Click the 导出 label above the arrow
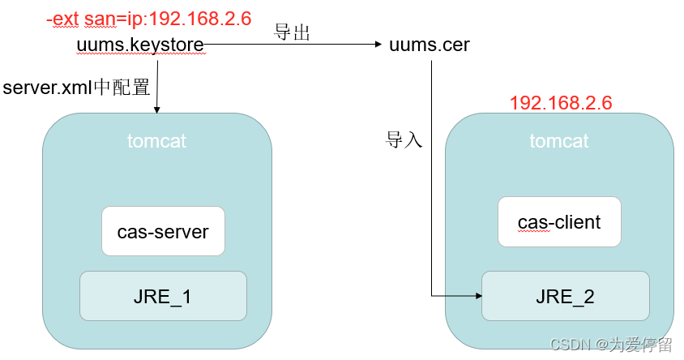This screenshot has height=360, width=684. [293, 33]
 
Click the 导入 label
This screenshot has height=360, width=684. [404, 139]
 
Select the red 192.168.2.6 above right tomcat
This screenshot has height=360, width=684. [560, 103]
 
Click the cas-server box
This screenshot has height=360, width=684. [163, 232]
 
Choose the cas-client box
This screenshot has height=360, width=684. [559, 221]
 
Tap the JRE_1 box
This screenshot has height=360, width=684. [163, 296]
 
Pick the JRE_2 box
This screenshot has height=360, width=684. [565, 296]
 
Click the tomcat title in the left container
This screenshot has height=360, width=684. [156, 141]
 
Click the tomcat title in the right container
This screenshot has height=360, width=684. [559, 141]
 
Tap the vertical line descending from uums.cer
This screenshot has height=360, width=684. [431, 178]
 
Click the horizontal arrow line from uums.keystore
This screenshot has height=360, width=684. [292, 45]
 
